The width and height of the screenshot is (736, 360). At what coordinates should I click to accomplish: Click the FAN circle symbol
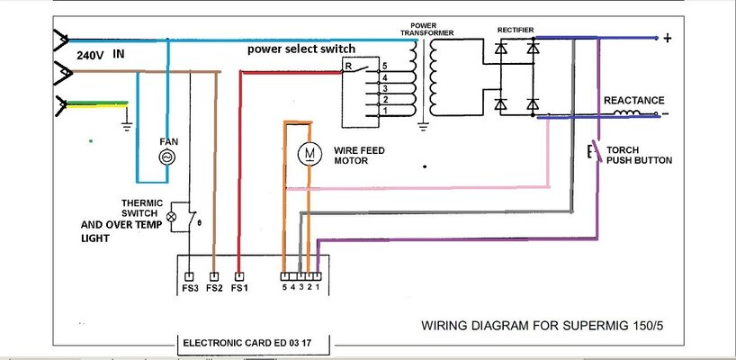(166, 157)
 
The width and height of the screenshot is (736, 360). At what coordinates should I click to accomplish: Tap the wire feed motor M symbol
(309, 155)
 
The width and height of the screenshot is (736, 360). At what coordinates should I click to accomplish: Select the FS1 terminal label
(238, 289)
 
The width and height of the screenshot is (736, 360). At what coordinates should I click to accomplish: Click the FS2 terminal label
(213, 289)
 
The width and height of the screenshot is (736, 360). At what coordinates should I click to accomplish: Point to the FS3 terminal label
(188, 289)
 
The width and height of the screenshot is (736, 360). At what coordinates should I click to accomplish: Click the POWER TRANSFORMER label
(431, 29)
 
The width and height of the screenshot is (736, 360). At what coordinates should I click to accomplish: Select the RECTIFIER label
(517, 30)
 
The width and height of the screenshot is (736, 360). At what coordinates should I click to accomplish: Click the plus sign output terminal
(667, 39)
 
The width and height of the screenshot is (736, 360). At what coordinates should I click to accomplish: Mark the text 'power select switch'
(302, 49)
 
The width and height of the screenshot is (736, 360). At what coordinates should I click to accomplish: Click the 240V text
(89, 55)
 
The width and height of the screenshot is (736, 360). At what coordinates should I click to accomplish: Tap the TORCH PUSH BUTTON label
(639, 155)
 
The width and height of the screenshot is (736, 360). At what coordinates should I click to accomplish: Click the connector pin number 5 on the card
(283, 289)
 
